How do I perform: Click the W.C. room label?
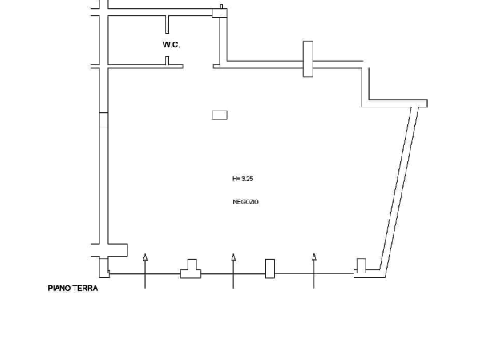172,45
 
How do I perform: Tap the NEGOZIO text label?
246,202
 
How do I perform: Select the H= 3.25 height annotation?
243,179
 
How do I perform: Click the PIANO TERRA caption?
73,288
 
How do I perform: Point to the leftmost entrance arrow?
145,271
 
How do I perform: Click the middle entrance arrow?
233,271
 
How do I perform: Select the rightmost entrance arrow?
314,271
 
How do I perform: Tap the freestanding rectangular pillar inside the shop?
220,115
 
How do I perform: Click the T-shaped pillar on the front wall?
191,269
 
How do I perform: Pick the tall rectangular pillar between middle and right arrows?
270,269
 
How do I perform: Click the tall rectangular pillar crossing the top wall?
308,59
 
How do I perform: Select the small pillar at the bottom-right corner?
361,265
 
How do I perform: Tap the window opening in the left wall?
103,119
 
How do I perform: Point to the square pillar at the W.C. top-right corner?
220,13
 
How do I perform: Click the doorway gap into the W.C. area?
198,67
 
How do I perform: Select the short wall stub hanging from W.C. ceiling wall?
168,24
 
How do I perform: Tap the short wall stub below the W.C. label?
168,60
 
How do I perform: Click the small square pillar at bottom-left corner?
104,274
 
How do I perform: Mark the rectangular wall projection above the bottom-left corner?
118,250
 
